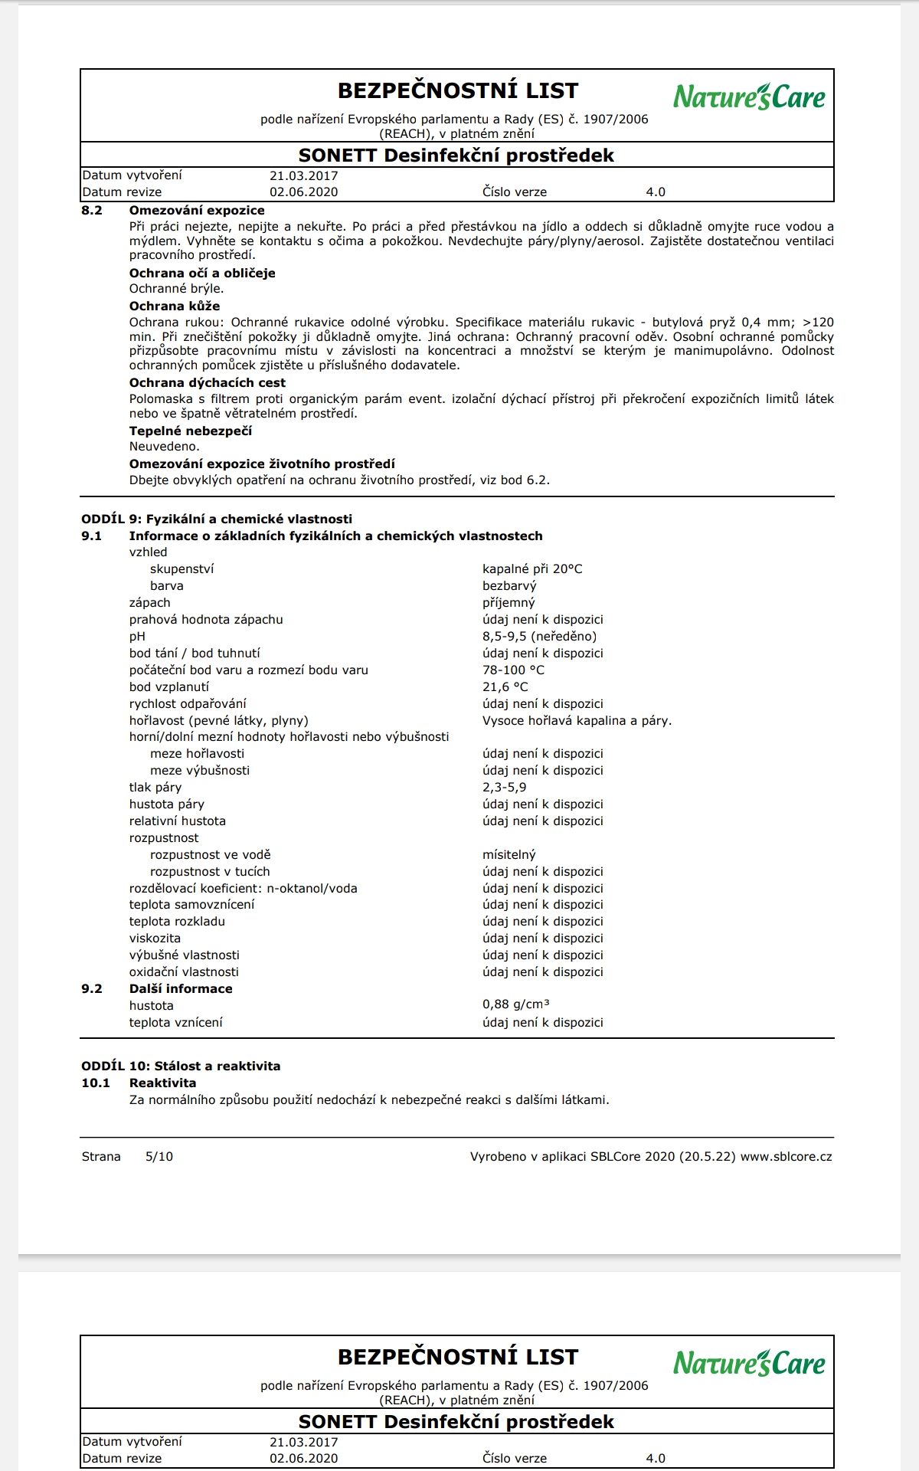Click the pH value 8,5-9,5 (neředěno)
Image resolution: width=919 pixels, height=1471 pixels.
(539, 637)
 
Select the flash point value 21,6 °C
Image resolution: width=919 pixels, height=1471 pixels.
(505, 687)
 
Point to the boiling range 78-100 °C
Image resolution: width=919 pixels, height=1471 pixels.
(513, 670)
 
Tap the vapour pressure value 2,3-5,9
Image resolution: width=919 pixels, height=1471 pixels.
(504, 788)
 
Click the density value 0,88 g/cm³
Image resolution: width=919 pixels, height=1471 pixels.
(515, 1005)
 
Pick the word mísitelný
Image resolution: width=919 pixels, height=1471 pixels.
(509, 855)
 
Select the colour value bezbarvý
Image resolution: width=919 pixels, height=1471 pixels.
(509, 586)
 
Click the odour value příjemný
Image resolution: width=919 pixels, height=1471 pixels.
(509, 603)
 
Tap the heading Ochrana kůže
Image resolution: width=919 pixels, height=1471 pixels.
(174, 306)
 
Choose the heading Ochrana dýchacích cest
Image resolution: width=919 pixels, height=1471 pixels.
(207, 383)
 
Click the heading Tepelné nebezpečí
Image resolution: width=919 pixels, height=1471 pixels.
(190, 431)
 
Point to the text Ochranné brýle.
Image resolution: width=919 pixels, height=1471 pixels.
(176, 289)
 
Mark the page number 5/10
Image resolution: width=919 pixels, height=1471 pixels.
(159, 1157)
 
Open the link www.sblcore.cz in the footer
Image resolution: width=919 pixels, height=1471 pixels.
(786, 1157)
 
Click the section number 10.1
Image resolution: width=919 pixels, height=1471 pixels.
(96, 1083)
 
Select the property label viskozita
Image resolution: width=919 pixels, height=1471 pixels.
(155, 939)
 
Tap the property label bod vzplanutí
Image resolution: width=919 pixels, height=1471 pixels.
(168, 687)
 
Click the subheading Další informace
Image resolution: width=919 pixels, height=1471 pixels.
(180, 989)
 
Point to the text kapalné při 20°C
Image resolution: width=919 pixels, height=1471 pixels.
(532, 569)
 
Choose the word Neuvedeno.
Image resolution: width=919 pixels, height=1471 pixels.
(164, 447)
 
